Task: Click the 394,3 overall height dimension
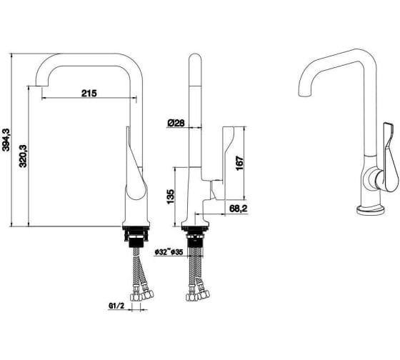(6, 140)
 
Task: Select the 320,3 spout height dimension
(23, 156)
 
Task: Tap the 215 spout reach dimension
(89, 94)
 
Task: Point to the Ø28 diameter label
(176, 123)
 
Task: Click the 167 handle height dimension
(240, 164)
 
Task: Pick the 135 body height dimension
(171, 196)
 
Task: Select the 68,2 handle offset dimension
(239, 209)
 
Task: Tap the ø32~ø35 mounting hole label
(169, 252)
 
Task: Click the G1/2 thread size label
(116, 306)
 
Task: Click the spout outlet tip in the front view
(41, 85)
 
